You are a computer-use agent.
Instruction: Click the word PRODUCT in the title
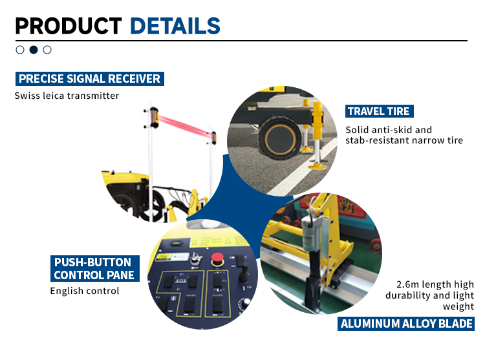(x=69, y=26)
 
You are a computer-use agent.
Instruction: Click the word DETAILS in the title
(x=175, y=26)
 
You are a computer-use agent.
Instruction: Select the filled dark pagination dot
(x=34, y=50)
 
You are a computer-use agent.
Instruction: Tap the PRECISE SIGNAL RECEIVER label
(x=90, y=79)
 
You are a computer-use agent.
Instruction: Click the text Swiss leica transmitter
(x=67, y=96)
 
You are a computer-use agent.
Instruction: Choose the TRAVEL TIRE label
(x=379, y=111)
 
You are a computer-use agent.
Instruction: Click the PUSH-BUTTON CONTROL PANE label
(x=94, y=268)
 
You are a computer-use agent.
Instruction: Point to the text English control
(x=85, y=291)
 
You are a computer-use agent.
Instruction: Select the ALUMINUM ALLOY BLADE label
(x=406, y=324)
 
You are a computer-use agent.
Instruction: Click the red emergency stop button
(x=217, y=259)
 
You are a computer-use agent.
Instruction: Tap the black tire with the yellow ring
(x=279, y=138)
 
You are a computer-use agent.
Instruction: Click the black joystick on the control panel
(x=244, y=273)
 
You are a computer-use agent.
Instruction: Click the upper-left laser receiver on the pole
(x=154, y=117)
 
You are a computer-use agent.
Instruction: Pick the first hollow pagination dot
(x=20, y=50)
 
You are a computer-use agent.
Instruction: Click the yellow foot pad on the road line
(x=318, y=167)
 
